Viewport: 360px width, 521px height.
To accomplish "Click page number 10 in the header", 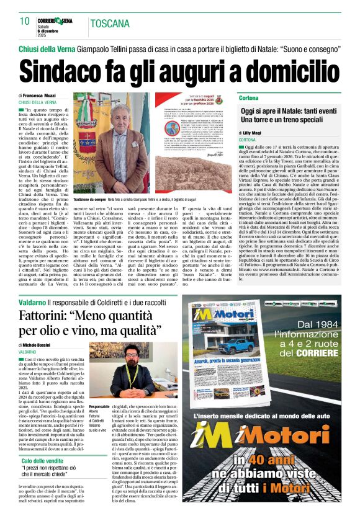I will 25,21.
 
